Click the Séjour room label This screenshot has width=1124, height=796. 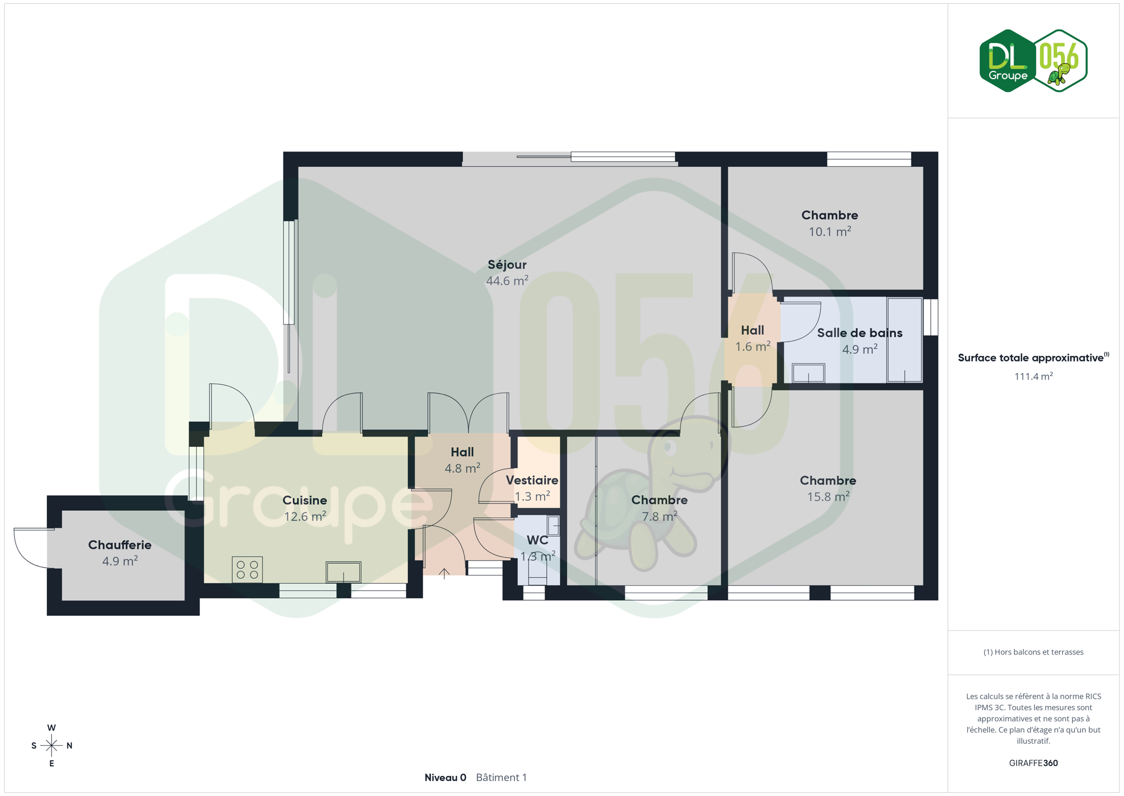click(506, 265)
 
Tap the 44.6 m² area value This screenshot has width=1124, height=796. click(506, 280)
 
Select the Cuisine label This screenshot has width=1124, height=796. click(304, 500)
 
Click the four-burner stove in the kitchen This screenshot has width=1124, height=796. click(247, 570)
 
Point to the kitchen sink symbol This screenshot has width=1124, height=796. click(343, 572)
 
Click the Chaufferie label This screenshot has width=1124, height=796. click(119, 545)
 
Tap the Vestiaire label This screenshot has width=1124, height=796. click(532, 480)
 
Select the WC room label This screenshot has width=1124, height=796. click(537, 540)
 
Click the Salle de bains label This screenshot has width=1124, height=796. click(859, 333)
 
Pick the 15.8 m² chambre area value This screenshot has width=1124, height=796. click(828, 496)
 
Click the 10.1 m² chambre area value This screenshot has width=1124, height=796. click(830, 232)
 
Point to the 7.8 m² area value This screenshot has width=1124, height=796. click(659, 516)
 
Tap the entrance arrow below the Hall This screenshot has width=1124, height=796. click(444, 573)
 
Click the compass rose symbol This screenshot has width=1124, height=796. click(51, 746)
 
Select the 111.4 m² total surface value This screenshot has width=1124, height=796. click(1033, 376)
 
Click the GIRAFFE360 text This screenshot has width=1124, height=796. click(1033, 763)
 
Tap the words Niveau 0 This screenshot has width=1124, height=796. click(445, 777)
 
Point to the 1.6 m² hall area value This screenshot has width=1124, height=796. click(752, 347)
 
